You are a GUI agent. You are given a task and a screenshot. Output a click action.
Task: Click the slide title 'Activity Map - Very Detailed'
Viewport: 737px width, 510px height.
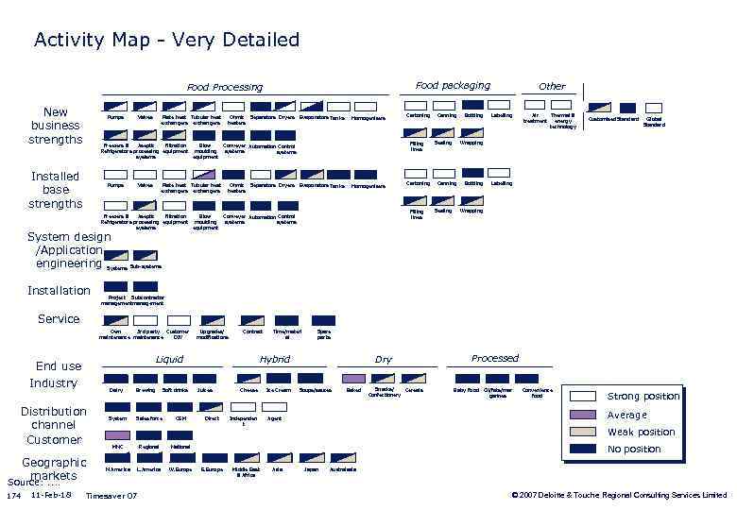point(166,40)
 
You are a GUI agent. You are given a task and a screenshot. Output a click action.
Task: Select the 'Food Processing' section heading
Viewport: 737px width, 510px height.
point(224,87)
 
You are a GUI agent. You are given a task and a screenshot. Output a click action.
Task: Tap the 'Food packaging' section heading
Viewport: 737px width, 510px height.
point(453,85)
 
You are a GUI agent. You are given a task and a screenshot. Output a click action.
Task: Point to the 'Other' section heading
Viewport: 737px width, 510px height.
point(552,86)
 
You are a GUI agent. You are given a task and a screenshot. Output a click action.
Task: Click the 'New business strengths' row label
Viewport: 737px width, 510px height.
point(56,126)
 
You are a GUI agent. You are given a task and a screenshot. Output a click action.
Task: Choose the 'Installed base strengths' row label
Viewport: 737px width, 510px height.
point(56,190)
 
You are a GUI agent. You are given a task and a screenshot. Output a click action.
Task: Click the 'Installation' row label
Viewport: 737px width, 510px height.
point(59,290)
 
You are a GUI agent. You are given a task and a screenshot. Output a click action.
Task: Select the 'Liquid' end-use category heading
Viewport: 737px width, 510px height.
point(169,360)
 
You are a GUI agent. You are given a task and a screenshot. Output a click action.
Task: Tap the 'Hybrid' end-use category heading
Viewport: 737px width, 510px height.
point(274,360)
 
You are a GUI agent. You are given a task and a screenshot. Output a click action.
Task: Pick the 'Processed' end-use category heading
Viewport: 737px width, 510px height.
point(495,358)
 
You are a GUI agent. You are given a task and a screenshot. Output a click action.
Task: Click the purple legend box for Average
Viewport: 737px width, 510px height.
point(584,415)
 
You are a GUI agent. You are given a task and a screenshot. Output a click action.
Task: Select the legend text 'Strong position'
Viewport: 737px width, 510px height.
point(643,397)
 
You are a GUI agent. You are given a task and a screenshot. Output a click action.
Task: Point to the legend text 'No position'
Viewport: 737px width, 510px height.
point(634,450)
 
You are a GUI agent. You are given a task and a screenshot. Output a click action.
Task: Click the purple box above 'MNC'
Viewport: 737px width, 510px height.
point(117,434)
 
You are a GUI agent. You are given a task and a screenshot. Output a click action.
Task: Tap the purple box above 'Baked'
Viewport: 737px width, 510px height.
point(353,377)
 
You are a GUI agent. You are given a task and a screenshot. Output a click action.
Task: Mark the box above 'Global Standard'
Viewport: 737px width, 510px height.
point(654,108)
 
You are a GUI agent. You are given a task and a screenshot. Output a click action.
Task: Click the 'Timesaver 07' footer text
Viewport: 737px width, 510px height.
point(111,496)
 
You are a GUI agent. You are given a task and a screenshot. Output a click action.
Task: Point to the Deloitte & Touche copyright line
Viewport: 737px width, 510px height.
point(619,495)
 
